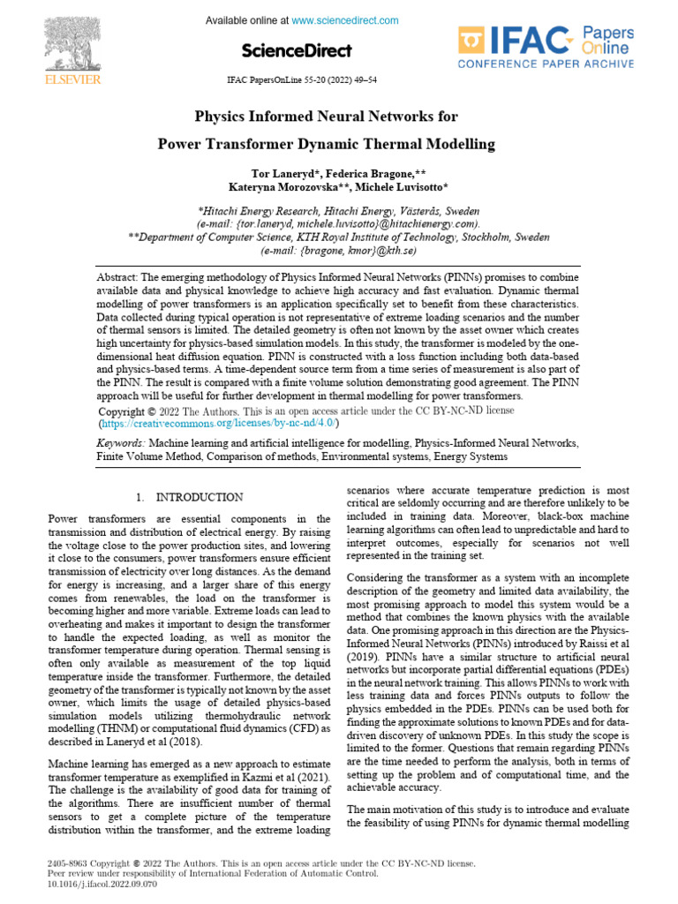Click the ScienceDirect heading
click(x=296, y=50)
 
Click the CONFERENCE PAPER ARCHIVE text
click(x=545, y=64)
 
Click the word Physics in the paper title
click(x=218, y=117)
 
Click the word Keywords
click(x=121, y=442)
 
